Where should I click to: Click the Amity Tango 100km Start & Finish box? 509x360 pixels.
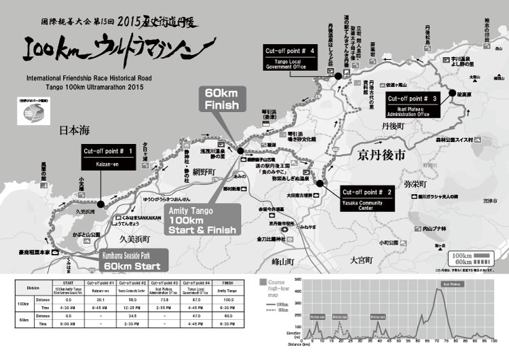pyautogui.click(x=204, y=221)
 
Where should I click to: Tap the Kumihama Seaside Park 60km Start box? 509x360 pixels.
pyautogui.click(x=122, y=262)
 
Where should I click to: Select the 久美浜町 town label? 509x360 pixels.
pyautogui.click(x=138, y=239)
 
